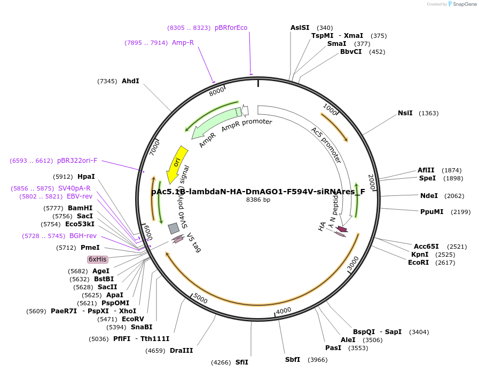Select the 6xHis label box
(x=98, y=259)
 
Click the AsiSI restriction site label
(x=300, y=28)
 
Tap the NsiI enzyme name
(x=405, y=113)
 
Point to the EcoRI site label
(x=419, y=263)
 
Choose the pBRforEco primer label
(x=231, y=28)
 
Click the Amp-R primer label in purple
(x=183, y=43)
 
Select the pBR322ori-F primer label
(x=77, y=161)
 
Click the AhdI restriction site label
(x=130, y=81)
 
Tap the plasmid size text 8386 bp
(x=258, y=200)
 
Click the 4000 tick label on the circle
(x=283, y=310)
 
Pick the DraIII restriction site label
(x=181, y=351)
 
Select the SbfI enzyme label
(x=293, y=360)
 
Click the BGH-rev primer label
(x=83, y=236)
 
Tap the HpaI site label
(x=86, y=177)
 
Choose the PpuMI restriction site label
(x=432, y=212)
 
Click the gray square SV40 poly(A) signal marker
(x=174, y=228)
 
